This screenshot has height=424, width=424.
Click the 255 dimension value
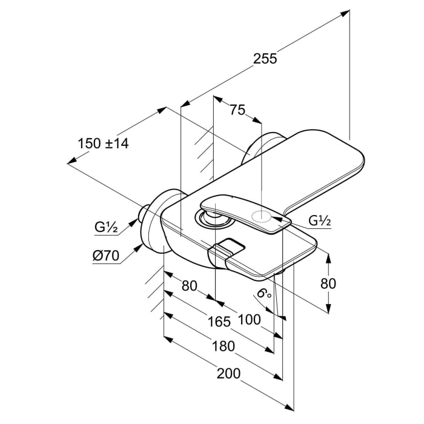tap(265, 59)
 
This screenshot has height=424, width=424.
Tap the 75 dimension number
tap(237, 110)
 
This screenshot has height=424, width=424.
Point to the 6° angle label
tap(264, 294)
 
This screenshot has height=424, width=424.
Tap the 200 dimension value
tap(230, 373)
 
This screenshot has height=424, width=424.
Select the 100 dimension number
tap(249, 319)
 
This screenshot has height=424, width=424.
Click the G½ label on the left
tap(106, 228)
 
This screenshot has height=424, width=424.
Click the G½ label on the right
tap(320, 221)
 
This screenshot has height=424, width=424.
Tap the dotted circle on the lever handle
tap(260, 217)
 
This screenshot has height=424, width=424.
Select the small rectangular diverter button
tap(227, 247)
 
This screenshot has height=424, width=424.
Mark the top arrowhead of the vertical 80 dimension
tap(328, 257)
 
